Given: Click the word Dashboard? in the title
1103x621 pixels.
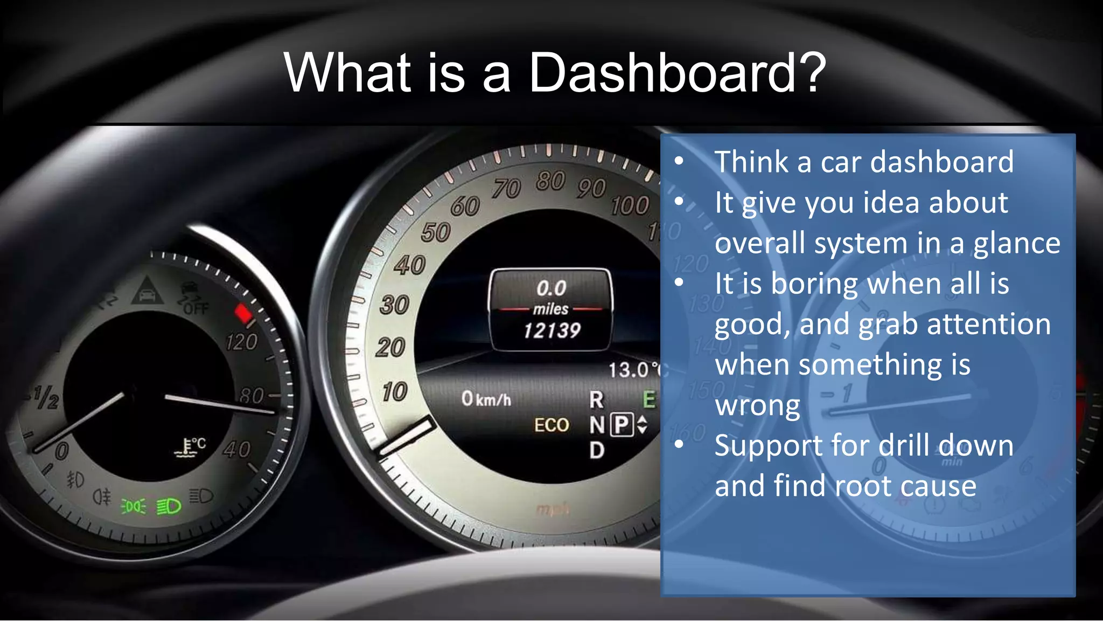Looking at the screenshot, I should (x=676, y=73).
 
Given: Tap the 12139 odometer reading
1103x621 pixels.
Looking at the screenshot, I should (x=551, y=330).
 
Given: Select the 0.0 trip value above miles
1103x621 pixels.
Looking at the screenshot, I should (x=551, y=288).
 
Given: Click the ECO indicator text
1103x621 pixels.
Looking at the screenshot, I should (x=551, y=425).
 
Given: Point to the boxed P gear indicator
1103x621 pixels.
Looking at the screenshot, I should (x=622, y=425).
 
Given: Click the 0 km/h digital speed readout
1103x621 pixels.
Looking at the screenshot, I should (x=486, y=399).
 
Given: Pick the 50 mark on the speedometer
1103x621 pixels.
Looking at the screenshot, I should (x=435, y=233).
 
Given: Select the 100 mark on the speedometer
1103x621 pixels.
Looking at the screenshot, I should (x=630, y=206).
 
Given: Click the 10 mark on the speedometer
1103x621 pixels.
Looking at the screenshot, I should (x=394, y=392).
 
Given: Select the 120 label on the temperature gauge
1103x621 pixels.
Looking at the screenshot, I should (x=241, y=342).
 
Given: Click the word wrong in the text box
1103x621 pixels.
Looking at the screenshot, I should (x=757, y=405).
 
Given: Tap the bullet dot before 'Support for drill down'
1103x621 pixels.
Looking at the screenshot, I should (x=679, y=444).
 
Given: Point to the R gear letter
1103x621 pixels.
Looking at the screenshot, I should (x=596, y=399).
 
